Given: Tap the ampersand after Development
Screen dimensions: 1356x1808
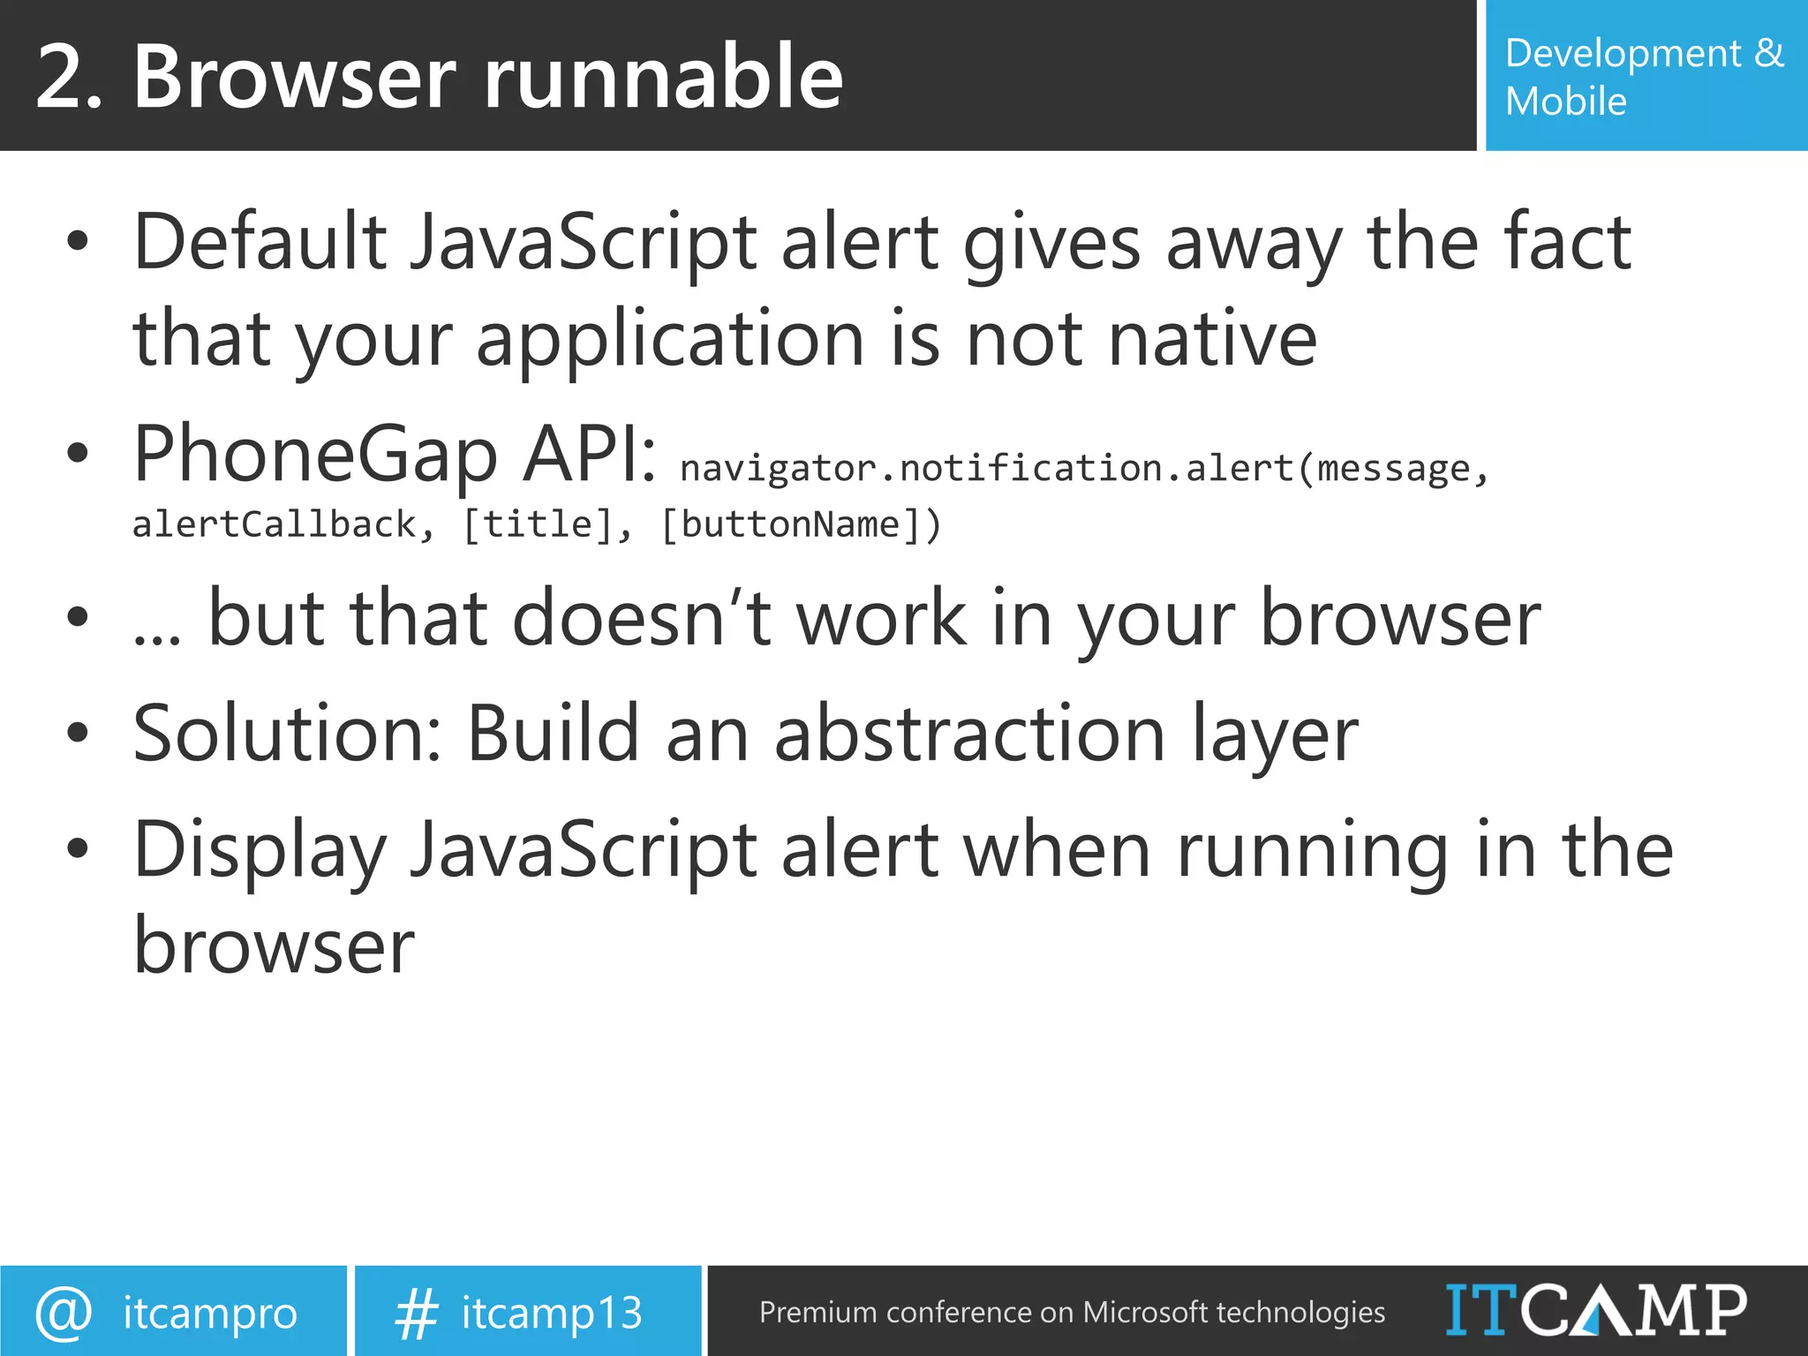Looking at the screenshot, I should pyautogui.click(x=1768, y=53).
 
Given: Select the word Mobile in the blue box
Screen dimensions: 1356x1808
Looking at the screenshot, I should pyautogui.click(x=1565, y=102).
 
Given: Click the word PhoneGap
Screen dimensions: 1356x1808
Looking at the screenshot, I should pyautogui.click(x=315, y=454).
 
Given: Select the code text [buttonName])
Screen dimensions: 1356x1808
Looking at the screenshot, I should pyautogui.click(x=801, y=525).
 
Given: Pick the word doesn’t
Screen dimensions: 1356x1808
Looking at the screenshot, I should pyautogui.click(x=642, y=619).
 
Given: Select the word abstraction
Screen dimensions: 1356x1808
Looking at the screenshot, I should pyautogui.click(x=969, y=734).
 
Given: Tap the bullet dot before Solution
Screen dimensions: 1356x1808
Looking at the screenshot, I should pyautogui.click(x=78, y=732).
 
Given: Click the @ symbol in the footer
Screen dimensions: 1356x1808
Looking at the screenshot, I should pyautogui.click(x=63, y=1312).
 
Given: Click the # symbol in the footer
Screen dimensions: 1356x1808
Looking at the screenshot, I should pyautogui.click(x=416, y=1313).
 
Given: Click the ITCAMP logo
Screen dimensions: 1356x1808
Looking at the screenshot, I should pyautogui.click(x=1595, y=1310).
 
